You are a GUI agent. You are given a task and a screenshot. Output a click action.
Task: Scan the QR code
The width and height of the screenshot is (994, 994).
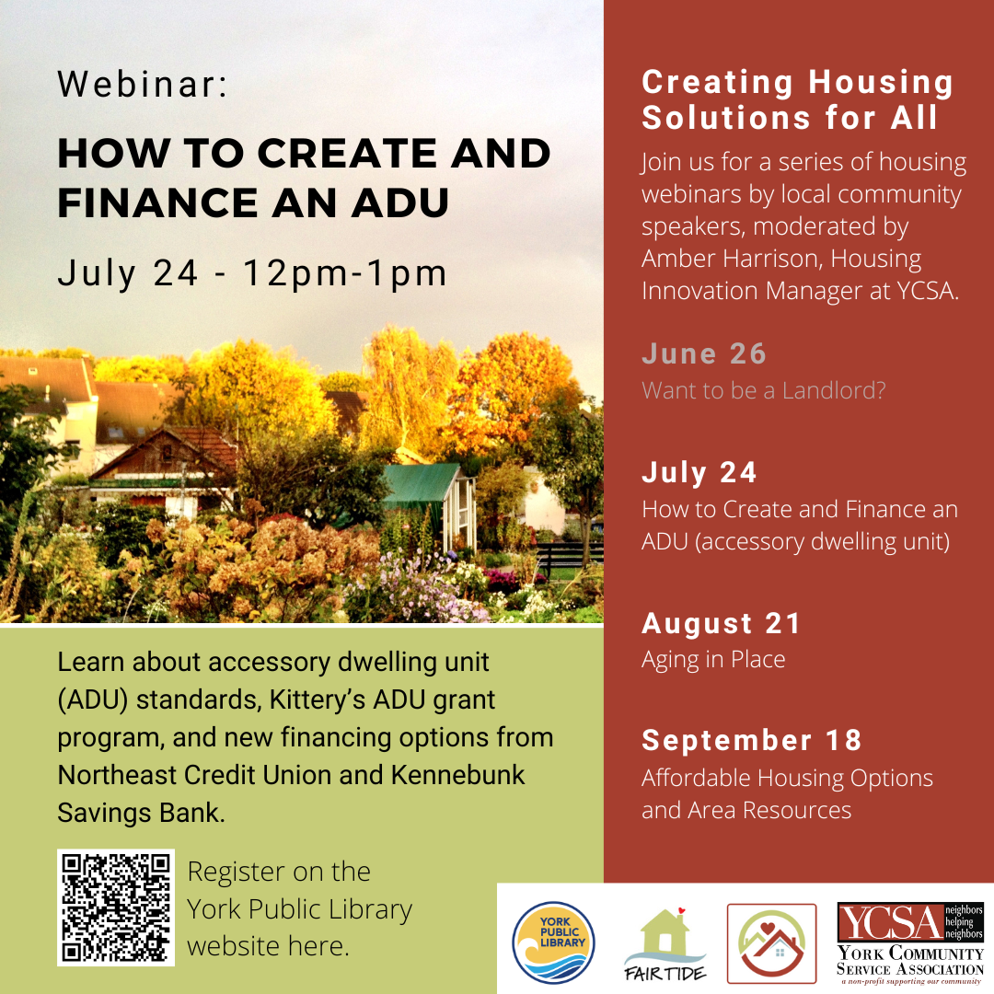(x=115, y=907)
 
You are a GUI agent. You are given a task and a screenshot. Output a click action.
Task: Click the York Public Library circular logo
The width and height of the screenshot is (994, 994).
(x=553, y=942)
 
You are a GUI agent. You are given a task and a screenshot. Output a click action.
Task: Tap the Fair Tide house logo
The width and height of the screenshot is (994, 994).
(x=665, y=944)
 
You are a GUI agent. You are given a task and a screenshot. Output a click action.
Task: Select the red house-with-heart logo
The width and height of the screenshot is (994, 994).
(x=771, y=943)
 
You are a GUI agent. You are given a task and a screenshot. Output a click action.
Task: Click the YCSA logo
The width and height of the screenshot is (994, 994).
(x=909, y=943)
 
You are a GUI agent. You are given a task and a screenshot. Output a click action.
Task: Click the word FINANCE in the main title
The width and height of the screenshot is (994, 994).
(x=158, y=202)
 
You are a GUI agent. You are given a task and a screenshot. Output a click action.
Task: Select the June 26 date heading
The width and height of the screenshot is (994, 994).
(x=704, y=353)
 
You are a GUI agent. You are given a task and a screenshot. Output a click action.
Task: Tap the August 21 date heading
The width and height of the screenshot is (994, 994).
(x=721, y=623)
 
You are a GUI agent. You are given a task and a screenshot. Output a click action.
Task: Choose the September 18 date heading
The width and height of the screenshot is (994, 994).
(x=752, y=740)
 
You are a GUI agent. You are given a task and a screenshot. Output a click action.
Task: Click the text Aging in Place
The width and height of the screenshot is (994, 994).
(x=713, y=660)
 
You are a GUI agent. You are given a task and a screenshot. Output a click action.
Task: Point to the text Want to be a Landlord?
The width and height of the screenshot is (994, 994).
(x=763, y=390)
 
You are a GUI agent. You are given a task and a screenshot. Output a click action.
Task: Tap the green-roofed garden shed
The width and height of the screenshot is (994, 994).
(x=431, y=504)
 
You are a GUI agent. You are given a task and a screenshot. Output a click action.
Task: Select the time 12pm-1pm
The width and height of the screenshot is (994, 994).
(x=345, y=273)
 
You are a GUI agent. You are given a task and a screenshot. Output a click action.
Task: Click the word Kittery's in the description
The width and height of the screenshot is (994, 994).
(x=318, y=699)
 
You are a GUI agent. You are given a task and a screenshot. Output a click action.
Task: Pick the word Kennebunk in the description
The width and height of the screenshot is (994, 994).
(x=457, y=775)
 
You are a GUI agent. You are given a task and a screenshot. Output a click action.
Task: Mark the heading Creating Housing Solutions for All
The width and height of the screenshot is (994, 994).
(x=797, y=99)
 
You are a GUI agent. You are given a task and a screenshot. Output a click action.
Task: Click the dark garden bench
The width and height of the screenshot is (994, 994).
(x=570, y=558)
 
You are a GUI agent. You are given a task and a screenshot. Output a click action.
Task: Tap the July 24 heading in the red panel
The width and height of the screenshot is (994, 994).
(x=699, y=472)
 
